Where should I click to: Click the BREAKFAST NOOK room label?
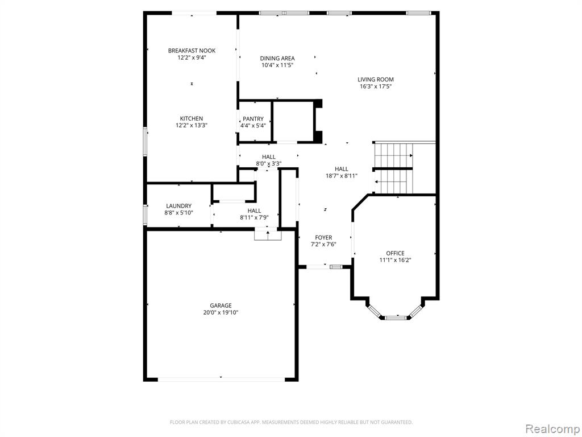192,51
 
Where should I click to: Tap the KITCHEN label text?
192,118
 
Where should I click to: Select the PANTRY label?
253,119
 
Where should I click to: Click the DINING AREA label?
277,59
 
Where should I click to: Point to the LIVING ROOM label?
376,80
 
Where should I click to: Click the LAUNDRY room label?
179,206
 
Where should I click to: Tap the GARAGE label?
221,306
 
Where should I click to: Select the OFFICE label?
396,253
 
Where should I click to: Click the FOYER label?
323,237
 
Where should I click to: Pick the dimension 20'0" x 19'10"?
221,312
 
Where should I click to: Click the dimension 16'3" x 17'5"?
376,86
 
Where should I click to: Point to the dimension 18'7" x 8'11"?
342,176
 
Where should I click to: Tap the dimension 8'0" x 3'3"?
269,163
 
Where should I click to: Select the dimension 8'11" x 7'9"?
254,218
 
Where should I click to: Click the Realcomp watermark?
552,428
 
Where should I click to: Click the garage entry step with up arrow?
268,235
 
